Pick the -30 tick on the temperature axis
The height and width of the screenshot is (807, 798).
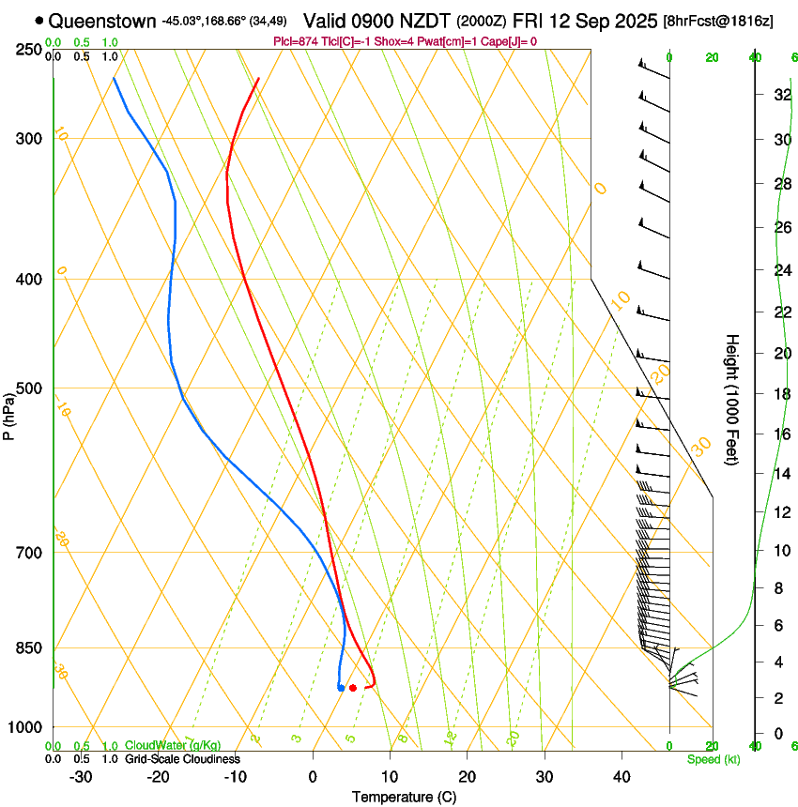click(82, 777)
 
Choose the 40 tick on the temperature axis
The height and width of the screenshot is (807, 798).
click(621, 777)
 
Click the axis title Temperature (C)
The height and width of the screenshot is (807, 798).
click(404, 797)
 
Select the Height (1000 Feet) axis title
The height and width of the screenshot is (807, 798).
click(733, 399)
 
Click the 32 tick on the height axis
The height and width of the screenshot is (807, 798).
click(779, 95)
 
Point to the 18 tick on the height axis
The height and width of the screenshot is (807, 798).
click(779, 394)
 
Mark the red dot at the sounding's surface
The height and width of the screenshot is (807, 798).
click(352, 688)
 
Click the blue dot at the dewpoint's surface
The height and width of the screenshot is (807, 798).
click(340, 688)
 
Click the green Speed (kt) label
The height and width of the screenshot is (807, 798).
click(713, 758)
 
